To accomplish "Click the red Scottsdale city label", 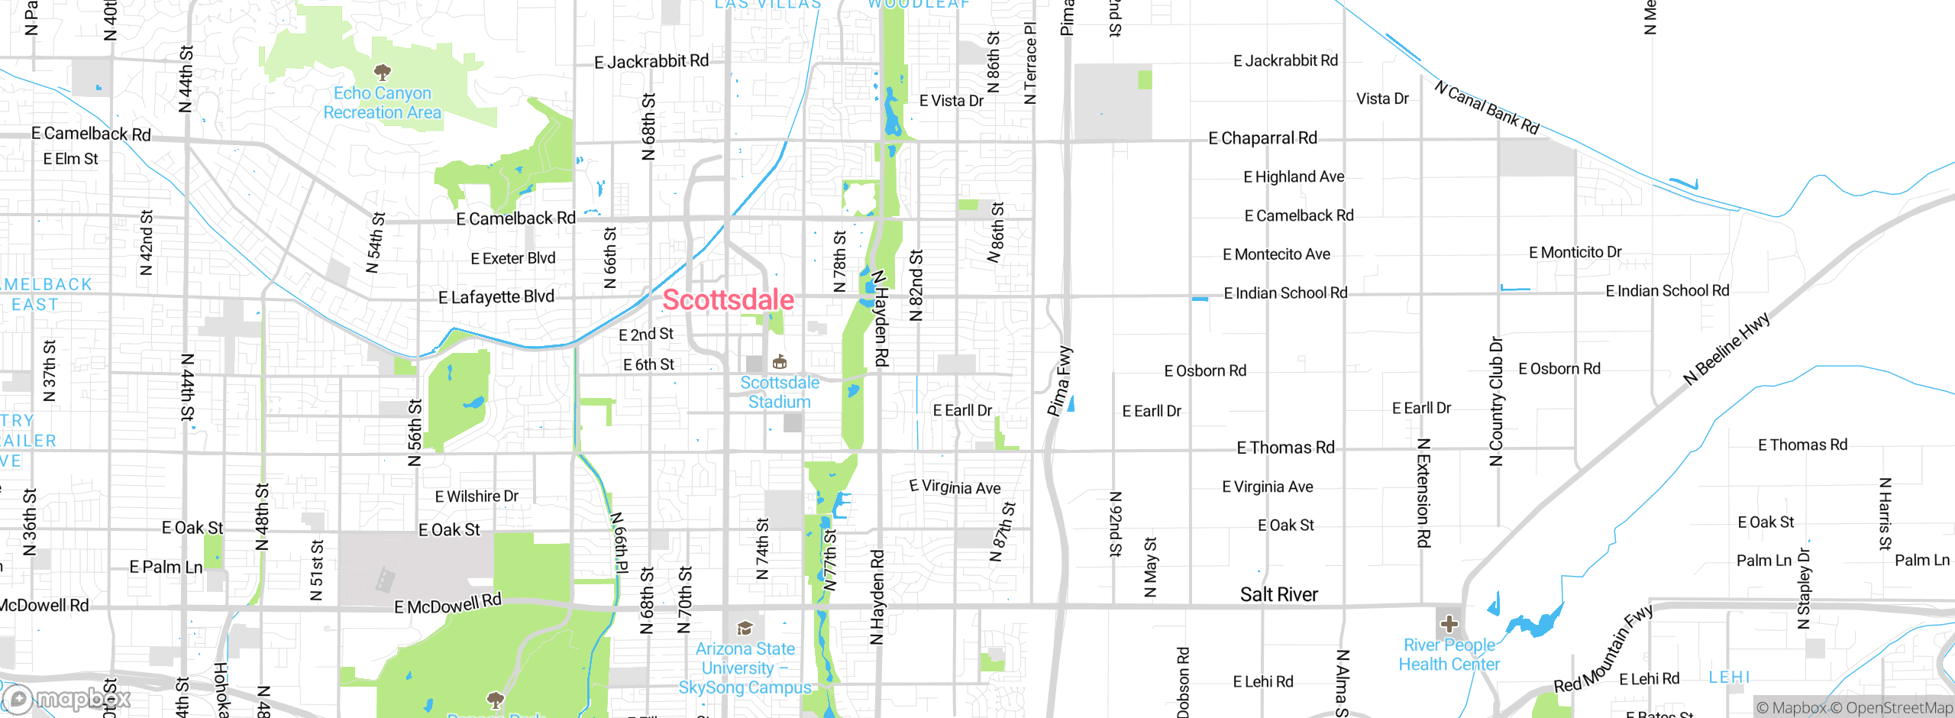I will point(728,300).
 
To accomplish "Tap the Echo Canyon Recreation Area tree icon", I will point(383,73).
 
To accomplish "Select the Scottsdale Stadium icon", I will point(779,361).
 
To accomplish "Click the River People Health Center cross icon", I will point(1449,624).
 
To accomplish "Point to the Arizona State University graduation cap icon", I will point(745,629).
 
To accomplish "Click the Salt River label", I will point(1278,594).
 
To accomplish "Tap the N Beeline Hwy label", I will point(1727,348).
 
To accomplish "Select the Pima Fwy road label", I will point(1060,381).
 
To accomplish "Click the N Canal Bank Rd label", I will point(1486,108).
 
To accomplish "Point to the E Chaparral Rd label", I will point(1262,138).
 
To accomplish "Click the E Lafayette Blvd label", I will point(496,297).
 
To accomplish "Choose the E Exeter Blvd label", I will point(512,258).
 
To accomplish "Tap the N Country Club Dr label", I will point(1496,400).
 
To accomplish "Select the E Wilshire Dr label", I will point(477,496).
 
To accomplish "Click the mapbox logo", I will point(67,698).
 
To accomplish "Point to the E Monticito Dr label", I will point(1575,252).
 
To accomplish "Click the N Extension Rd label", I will point(1423,493).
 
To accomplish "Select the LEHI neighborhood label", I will point(1729,678).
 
